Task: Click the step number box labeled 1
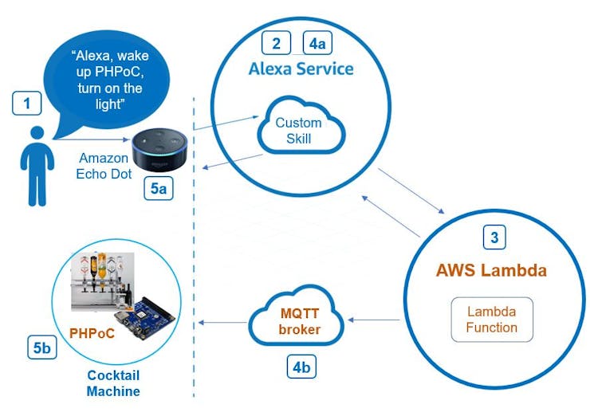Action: pos(26,103)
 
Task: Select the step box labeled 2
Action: pos(276,43)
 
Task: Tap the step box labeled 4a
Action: pos(317,43)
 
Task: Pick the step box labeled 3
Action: pos(494,237)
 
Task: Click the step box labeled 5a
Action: pos(157,189)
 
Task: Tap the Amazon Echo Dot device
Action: pos(159,148)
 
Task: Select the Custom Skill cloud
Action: pos(298,130)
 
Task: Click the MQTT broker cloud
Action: pos(298,321)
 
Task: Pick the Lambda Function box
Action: pos(492,319)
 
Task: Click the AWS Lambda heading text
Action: pos(491,270)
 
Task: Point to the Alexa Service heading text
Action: pos(301,69)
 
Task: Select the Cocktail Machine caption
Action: pos(112,383)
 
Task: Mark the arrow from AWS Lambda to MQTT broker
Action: pos(373,321)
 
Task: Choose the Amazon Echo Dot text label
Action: pos(104,166)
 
